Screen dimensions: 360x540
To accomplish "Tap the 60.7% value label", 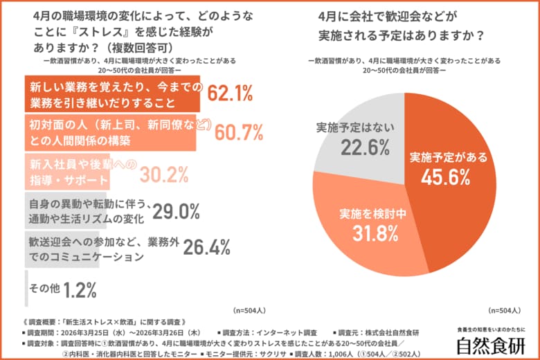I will pos(240,132).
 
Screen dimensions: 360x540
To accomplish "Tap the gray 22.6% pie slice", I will pos(353,138).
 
